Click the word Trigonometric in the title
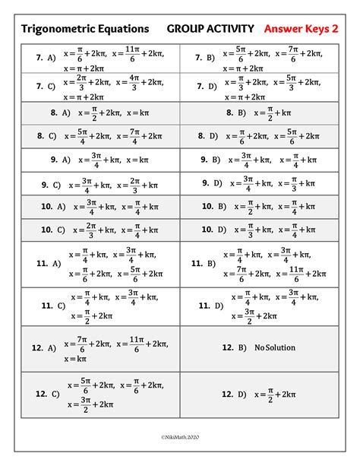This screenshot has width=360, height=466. (x=55, y=30)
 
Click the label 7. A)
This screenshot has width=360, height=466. (x=46, y=57)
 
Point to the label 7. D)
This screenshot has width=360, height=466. (x=206, y=86)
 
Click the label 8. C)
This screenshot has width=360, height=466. (x=46, y=137)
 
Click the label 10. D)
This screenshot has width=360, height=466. (x=214, y=229)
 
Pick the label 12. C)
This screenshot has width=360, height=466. (x=48, y=394)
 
